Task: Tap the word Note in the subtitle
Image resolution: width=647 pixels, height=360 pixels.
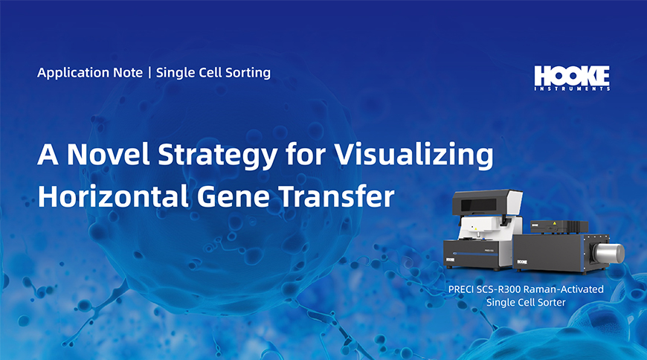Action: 128,73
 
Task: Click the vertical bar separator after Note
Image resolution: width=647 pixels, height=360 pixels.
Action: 149,73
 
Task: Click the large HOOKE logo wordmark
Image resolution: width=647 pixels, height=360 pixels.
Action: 572,76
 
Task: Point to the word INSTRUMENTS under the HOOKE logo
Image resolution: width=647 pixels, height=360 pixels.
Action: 572,89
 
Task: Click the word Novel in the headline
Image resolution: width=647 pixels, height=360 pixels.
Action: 108,154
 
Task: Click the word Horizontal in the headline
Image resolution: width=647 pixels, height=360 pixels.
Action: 113,196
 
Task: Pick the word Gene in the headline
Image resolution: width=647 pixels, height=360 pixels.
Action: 233,197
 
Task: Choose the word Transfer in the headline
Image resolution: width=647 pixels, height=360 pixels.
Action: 336,196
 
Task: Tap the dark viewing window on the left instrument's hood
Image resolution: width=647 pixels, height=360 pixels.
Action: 479,205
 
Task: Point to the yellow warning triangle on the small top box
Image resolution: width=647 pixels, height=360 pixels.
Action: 555,223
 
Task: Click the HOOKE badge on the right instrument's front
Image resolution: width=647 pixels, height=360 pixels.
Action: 522,262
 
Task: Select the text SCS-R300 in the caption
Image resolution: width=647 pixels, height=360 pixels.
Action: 497,289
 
